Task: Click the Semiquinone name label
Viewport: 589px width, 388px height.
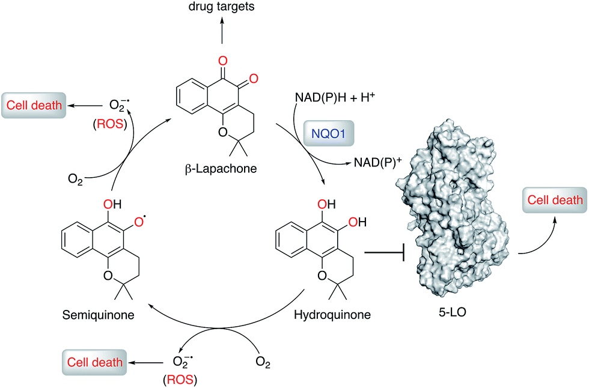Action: click(x=97, y=315)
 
